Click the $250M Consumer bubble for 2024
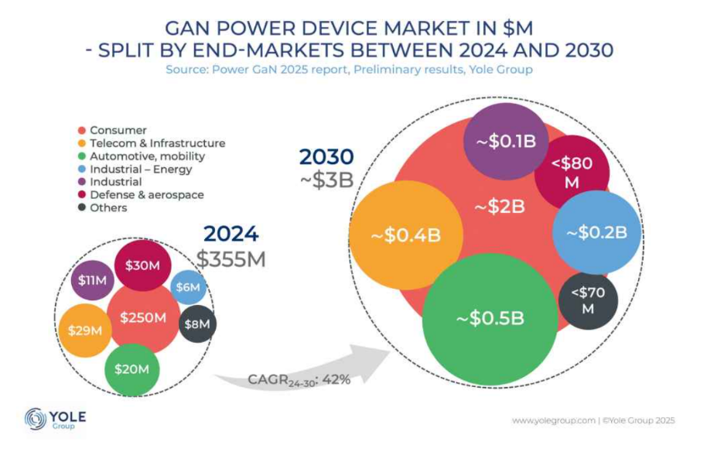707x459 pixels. click(143, 318)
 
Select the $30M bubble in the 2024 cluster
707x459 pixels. click(143, 265)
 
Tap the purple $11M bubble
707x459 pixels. click(93, 280)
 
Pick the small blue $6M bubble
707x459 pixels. click(187, 287)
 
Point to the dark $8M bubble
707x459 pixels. click(197, 324)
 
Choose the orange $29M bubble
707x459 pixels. click(85, 331)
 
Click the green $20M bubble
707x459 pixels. click(132, 369)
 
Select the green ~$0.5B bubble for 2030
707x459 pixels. click(489, 318)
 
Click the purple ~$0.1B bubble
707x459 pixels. click(506, 142)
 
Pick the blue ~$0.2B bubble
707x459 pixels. click(596, 232)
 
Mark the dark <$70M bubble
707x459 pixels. click(588, 300)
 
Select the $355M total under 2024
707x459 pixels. click(231, 259)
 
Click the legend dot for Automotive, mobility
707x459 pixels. click(82, 156)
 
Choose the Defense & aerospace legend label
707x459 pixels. click(147, 194)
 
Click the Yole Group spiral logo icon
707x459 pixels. click(36, 418)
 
